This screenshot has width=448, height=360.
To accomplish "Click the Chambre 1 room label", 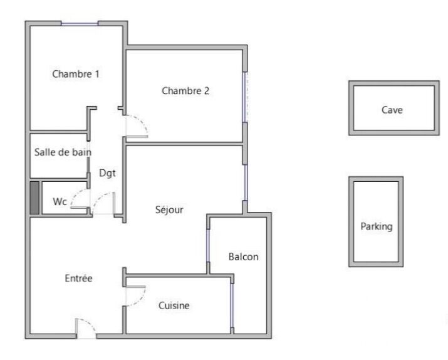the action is [76, 74].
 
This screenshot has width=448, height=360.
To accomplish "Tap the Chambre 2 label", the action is [185, 91].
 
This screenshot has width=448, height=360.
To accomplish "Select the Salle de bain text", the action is [63, 152].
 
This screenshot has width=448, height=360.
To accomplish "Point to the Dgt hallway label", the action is [107, 173].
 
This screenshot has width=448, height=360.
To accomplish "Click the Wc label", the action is [60, 201].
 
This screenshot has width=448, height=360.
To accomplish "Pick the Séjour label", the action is [169, 209].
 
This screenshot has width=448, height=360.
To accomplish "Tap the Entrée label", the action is [78, 278].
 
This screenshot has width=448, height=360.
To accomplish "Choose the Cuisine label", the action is [174, 305].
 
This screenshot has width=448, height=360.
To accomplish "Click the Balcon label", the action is [244, 257].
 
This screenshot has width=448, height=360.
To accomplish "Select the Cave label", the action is [392, 110].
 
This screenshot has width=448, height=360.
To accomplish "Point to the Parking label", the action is [377, 226].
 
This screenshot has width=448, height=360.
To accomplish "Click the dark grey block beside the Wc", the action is [34, 198].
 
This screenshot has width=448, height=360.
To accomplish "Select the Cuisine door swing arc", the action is [140, 299].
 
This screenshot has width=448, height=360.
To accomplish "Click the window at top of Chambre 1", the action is [80, 24].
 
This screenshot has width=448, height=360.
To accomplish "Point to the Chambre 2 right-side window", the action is [245, 97].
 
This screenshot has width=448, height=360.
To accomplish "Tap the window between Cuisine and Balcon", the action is [232, 305].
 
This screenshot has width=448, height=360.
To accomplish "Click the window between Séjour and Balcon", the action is [208, 245].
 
